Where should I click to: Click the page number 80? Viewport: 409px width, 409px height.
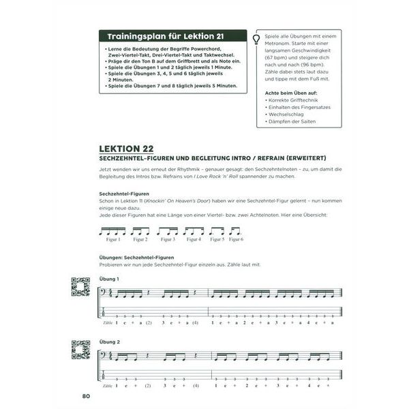pos(87,396)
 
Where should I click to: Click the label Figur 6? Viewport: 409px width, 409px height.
pos(236,240)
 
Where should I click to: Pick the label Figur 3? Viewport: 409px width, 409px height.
pos(167,240)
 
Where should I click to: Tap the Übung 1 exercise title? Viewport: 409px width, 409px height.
pos(108,279)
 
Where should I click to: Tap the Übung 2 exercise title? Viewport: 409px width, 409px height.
pos(108,342)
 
